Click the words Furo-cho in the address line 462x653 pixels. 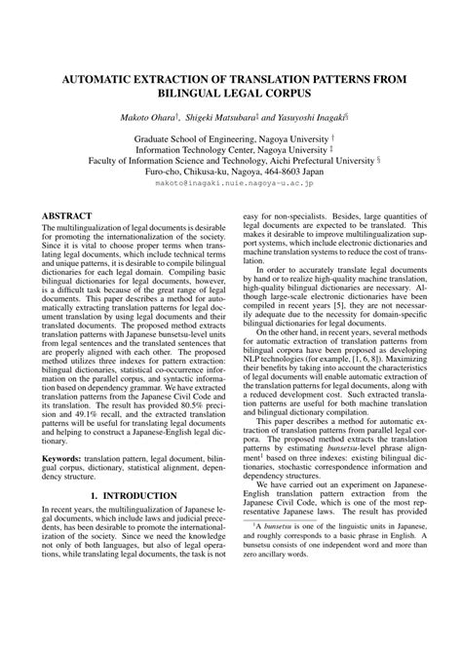(x=166, y=169)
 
